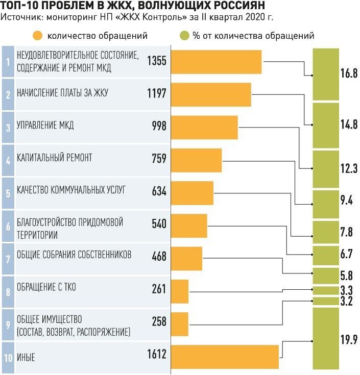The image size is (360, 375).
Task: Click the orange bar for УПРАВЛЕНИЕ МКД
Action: pos(204,127)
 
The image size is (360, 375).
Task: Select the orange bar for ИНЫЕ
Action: pos(225,357)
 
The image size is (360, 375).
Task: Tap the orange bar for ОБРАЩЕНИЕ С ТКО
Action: pos(180,291)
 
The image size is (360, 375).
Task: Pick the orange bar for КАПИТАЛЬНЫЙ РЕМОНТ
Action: pos(196,160)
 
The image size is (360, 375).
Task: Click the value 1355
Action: pos(156,61)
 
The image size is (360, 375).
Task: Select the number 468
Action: pos(159,257)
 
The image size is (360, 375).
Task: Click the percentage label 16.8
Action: pos(349,73)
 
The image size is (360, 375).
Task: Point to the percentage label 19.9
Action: pos(349,339)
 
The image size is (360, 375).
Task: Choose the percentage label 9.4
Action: pos(347,200)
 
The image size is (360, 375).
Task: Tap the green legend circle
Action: pos(184,36)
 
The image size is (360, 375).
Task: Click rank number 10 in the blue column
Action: pos(8,357)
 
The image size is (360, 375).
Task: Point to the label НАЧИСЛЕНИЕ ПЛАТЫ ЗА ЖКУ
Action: pos(62,93)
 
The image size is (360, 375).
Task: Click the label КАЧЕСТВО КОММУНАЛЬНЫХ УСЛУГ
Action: pos(71,190)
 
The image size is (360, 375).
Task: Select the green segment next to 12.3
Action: pos(326,169)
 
